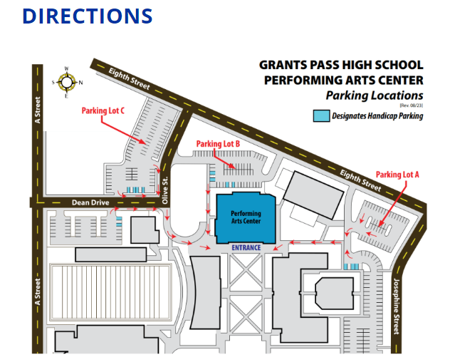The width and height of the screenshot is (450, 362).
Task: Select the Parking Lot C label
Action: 103,110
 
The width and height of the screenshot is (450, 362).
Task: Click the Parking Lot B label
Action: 218,143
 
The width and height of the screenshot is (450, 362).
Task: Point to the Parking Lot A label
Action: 398,175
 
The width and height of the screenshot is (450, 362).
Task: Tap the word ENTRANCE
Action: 246,248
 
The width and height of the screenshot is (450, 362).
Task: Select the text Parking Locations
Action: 375,95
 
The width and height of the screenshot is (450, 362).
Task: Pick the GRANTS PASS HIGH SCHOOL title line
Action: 341,65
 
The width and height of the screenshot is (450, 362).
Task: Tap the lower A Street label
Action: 37,289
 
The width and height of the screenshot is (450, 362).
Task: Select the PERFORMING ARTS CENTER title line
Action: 343,80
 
